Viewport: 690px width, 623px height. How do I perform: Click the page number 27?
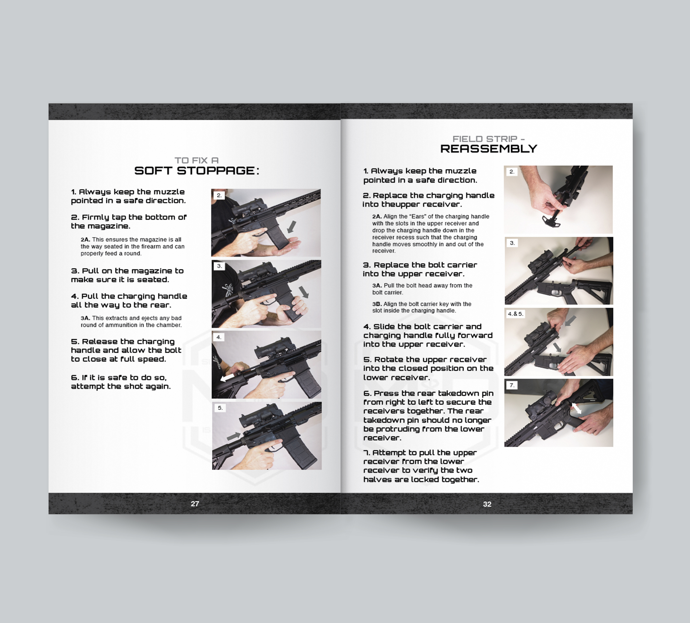click(195, 503)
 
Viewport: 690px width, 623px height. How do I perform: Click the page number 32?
click(487, 504)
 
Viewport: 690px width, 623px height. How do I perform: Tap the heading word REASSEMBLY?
click(489, 149)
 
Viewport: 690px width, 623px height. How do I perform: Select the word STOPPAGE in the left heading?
click(216, 170)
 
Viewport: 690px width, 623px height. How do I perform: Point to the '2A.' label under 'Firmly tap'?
click(85, 240)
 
